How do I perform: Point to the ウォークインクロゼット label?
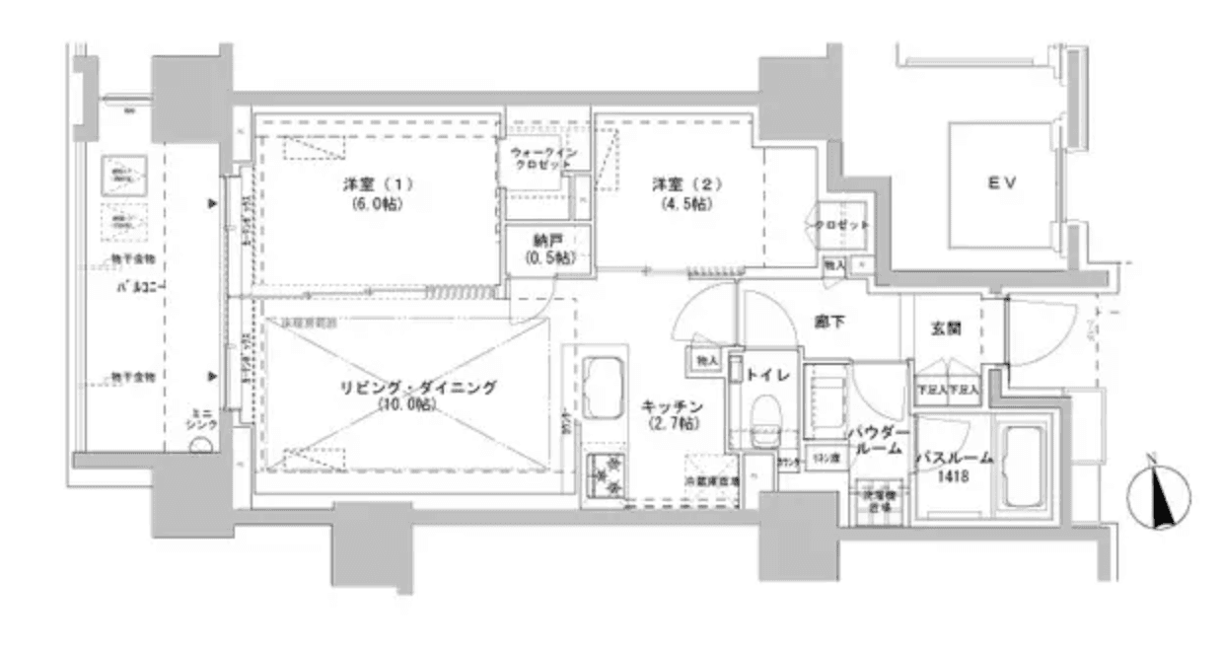(538, 158)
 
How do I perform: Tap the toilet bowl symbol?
(764, 414)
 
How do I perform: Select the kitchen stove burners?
(605, 475)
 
